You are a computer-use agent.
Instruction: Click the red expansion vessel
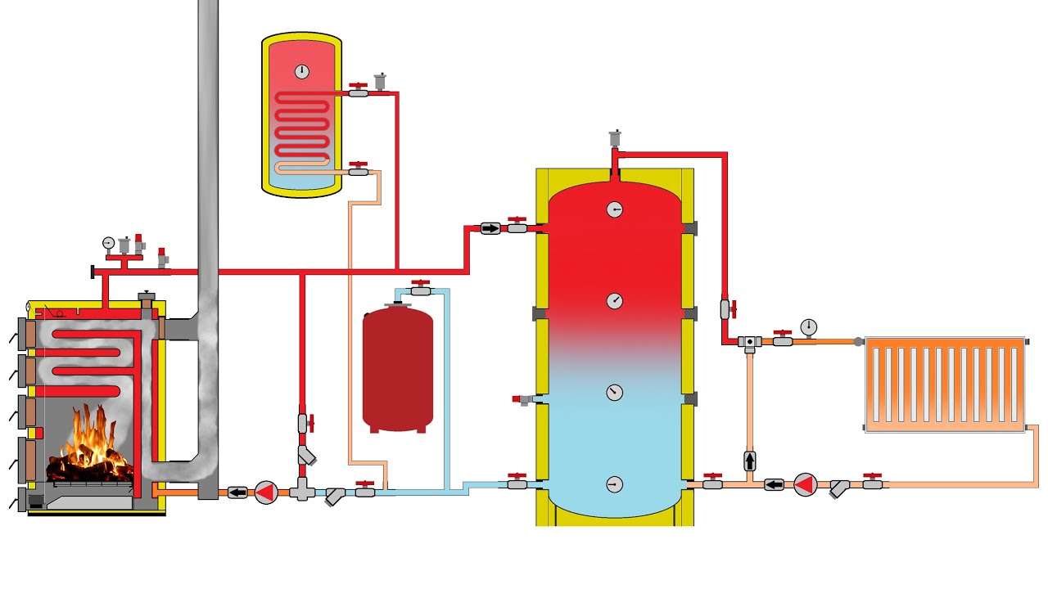[398, 368]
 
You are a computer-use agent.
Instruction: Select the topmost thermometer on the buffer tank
[615, 209]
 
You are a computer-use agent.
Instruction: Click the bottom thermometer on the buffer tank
[615, 484]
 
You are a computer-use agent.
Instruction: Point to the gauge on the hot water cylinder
[302, 71]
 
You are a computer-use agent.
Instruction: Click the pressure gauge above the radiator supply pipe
[809, 326]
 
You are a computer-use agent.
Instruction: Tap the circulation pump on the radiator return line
[806, 484]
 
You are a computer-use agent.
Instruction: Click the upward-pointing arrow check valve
[749, 461]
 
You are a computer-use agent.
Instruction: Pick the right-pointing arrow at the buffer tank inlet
[490, 228]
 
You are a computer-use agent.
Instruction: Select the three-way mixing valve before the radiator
[749, 342]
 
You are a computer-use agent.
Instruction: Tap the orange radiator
[945, 384]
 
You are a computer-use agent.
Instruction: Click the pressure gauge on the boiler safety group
[108, 242]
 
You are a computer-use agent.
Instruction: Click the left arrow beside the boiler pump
[237, 492]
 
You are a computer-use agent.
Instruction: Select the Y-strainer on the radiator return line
[840, 488]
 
